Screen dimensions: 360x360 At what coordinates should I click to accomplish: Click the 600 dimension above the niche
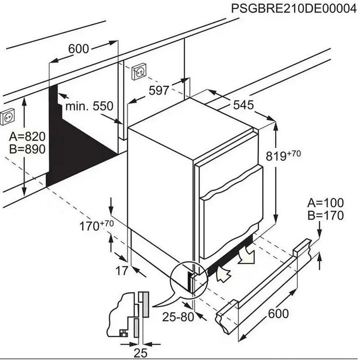[x=79, y=49]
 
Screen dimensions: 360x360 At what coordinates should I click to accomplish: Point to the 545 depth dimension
[x=243, y=105]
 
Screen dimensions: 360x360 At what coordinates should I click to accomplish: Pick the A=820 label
[x=28, y=137]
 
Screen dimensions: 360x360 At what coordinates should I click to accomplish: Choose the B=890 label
[x=28, y=149]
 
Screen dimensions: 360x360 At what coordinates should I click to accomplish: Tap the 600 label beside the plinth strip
[x=278, y=313]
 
